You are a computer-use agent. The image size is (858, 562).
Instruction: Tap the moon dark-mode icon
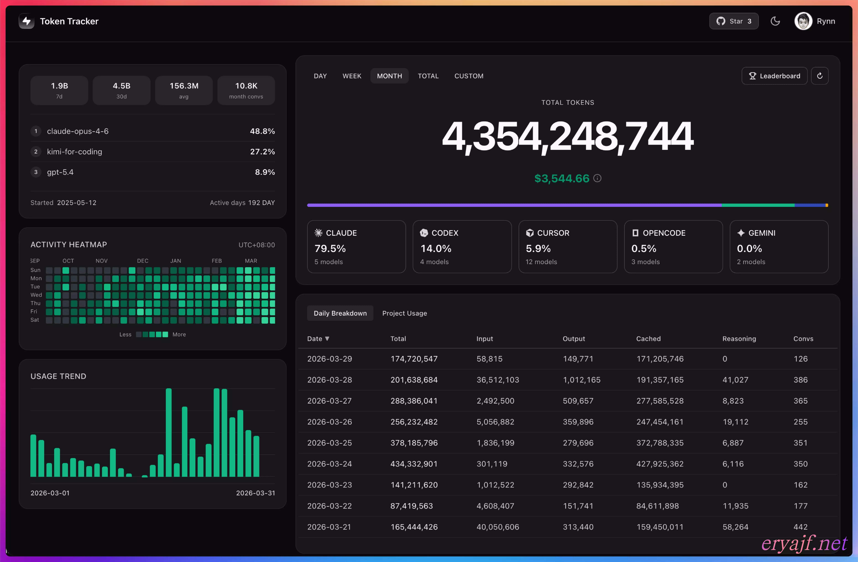tap(775, 21)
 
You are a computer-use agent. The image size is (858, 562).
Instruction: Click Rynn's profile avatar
tap(803, 21)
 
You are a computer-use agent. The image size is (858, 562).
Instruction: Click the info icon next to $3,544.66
tap(597, 178)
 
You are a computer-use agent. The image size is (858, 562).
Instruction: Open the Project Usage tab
tap(405, 313)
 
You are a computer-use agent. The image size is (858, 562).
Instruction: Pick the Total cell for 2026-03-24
tap(414, 464)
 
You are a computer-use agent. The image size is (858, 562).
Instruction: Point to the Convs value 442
tap(800, 527)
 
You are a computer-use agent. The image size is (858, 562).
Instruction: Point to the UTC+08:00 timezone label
tap(257, 245)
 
